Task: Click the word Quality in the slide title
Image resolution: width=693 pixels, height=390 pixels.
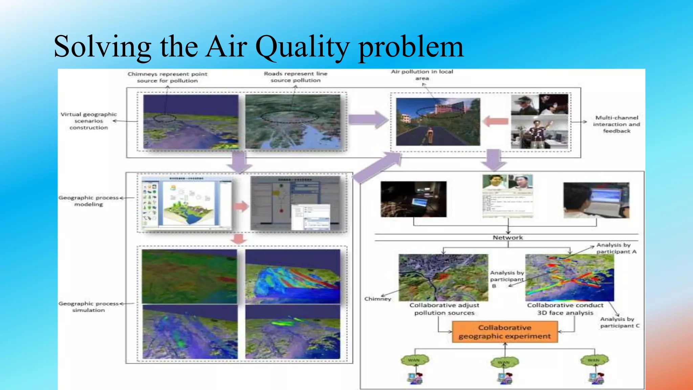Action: [302, 47]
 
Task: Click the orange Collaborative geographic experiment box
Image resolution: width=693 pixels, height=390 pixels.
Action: [505, 332]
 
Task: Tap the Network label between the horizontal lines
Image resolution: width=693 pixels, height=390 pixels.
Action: [508, 238]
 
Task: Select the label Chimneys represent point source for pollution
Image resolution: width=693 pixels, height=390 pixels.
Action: [167, 77]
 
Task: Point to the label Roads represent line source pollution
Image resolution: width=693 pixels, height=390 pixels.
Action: [295, 77]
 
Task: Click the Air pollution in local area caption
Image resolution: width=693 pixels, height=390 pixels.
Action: [422, 75]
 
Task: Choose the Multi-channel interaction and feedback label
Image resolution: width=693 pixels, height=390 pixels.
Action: [616, 124]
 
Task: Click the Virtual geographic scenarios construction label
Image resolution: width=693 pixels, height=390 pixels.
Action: [89, 121]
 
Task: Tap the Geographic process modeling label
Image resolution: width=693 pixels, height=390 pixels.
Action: [89, 201]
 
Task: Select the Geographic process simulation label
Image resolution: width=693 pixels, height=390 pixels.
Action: [89, 307]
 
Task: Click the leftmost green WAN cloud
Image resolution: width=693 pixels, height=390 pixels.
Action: [414, 360]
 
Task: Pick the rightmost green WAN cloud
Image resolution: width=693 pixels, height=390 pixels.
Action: [594, 360]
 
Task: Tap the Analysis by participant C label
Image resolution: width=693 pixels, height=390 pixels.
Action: [619, 322]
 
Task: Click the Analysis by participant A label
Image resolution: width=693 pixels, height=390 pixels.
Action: [616, 248]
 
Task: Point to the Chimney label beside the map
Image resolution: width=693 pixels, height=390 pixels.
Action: [378, 299]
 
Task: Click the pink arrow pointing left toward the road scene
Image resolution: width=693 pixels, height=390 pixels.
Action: [496, 121]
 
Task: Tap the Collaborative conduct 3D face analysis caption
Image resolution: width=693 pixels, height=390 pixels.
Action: [565, 309]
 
